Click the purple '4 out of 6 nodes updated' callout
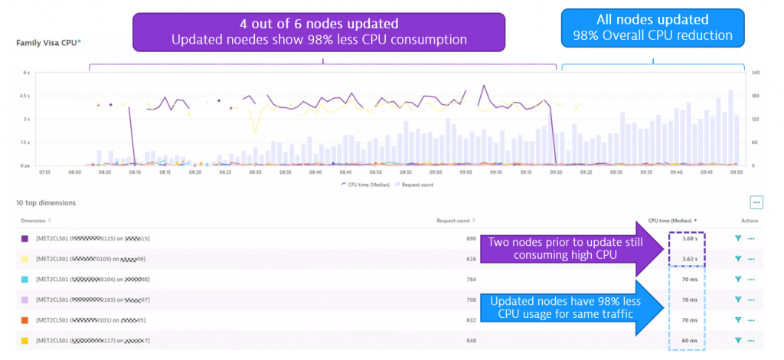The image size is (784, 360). (x=320, y=30)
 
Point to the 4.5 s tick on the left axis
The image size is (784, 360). (x=25, y=96)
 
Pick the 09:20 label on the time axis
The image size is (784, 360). (x=556, y=172)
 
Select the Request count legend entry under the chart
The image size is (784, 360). (x=417, y=185)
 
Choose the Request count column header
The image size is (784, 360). (x=456, y=220)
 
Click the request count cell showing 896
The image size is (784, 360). (x=471, y=239)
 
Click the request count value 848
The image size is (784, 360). (x=471, y=339)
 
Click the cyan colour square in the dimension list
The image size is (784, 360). (x=25, y=280)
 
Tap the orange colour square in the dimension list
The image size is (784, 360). (x=25, y=319)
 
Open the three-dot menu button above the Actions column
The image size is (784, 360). (x=756, y=202)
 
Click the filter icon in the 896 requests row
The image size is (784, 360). (x=738, y=239)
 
